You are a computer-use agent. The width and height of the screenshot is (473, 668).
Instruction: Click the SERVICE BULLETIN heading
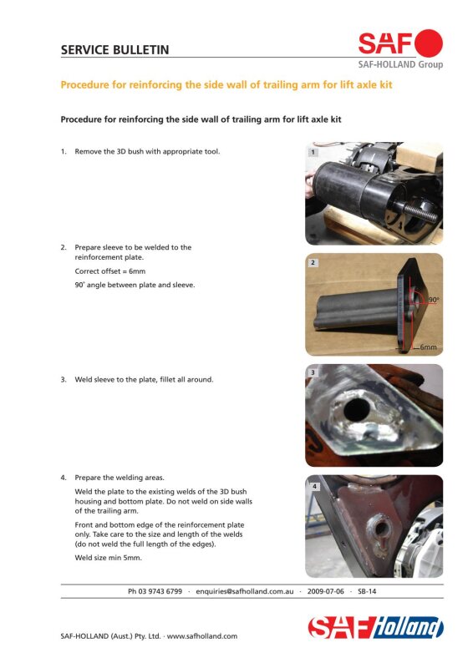114,50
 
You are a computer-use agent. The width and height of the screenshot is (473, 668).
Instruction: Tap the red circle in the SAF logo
429,43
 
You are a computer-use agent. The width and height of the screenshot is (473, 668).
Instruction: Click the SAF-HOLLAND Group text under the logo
400,65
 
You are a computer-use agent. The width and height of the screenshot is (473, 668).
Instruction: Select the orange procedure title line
226,85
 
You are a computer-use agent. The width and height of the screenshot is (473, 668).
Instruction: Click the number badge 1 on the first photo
313,152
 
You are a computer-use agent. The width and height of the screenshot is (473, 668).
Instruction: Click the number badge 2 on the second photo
313,263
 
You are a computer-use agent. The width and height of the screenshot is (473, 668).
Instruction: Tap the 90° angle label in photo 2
434,300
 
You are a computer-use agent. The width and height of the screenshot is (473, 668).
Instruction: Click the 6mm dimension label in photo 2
428,347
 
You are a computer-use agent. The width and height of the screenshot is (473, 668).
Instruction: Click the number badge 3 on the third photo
313,372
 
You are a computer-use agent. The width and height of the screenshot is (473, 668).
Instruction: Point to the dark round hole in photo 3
357,409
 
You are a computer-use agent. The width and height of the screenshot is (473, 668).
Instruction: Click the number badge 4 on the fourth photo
314,486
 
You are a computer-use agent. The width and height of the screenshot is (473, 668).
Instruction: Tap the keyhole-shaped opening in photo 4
382,533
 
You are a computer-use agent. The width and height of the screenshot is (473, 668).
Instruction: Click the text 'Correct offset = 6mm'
110,271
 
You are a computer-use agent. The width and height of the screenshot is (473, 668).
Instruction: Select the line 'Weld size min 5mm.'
109,558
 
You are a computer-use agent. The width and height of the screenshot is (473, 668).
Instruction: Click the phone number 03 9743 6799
160,591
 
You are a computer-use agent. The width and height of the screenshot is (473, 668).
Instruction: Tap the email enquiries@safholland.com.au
245,592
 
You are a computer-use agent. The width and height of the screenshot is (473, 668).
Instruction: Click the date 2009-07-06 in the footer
325,591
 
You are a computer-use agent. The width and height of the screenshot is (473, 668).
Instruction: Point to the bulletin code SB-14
367,591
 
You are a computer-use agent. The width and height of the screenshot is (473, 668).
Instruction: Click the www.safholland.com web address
202,636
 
